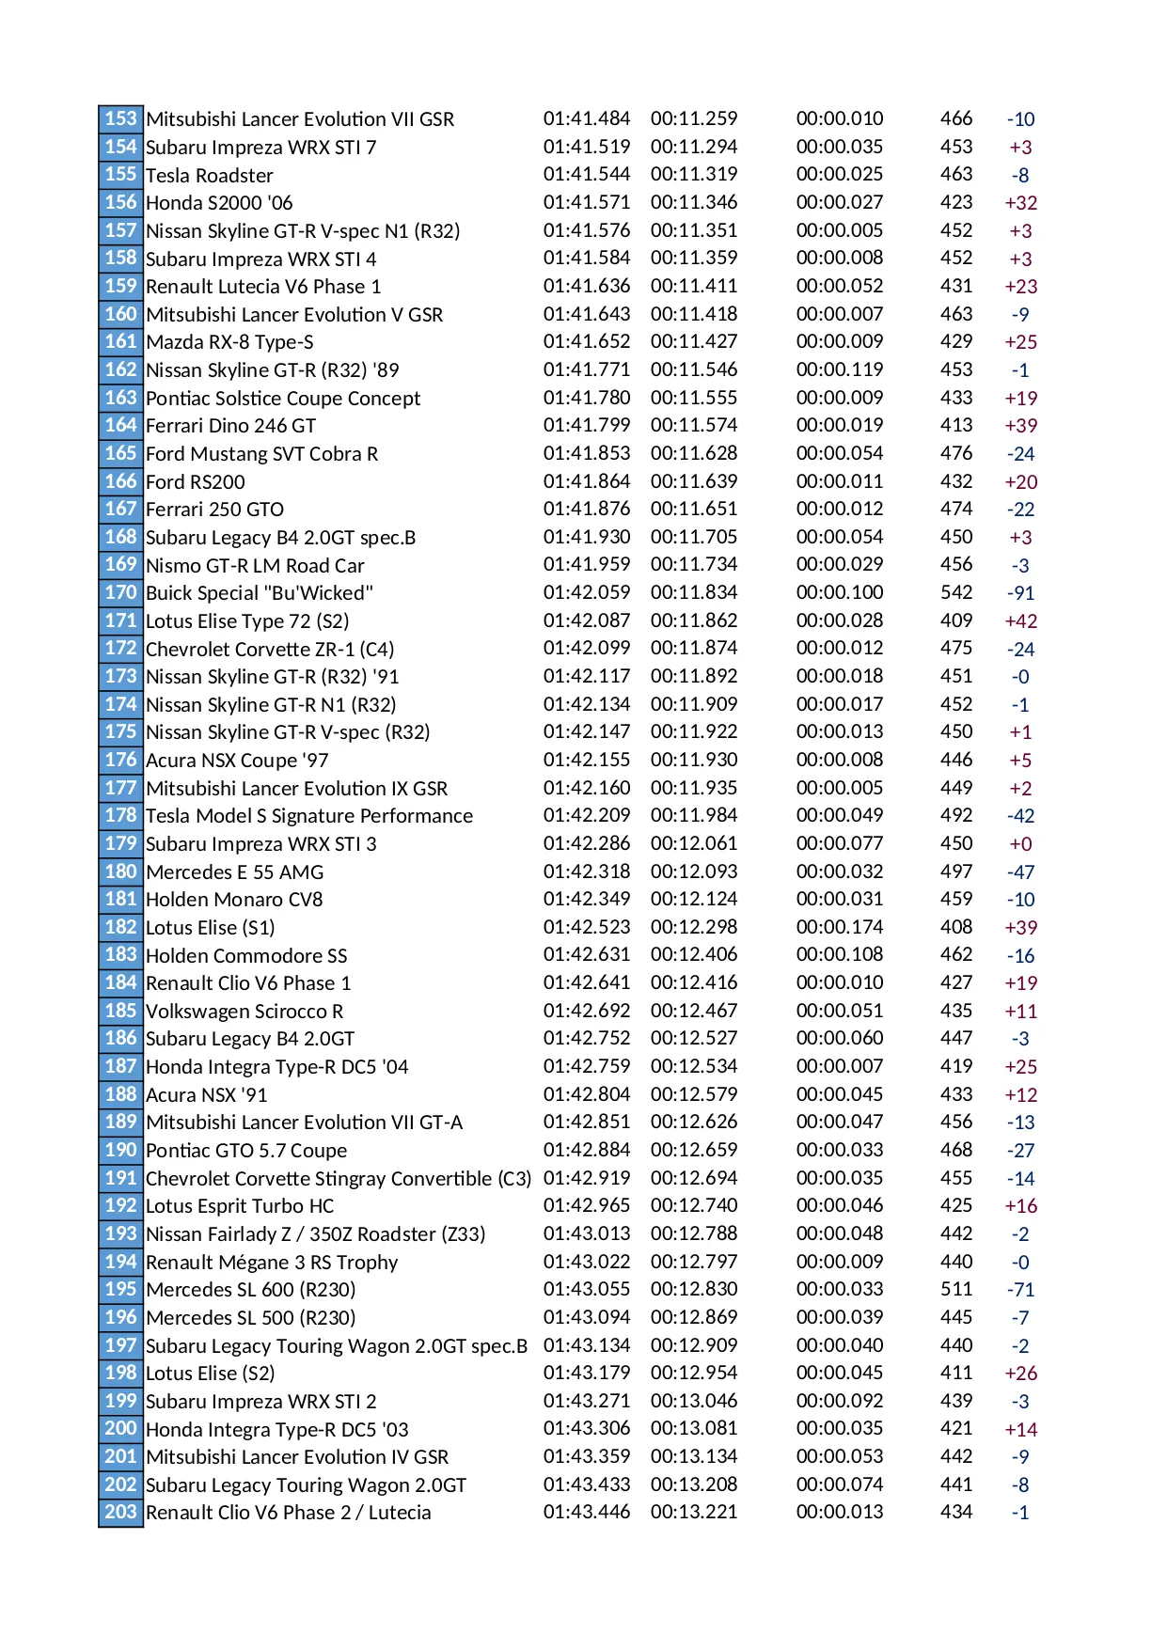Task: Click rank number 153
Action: (x=120, y=118)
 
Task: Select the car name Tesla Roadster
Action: (x=210, y=176)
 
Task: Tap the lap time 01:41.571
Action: (x=587, y=202)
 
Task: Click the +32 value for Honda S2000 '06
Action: (x=1020, y=203)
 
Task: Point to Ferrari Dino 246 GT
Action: (x=230, y=426)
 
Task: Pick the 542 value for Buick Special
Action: (x=956, y=592)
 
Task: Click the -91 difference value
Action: (x=1020, y=593)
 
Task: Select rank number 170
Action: (x=120, y=592)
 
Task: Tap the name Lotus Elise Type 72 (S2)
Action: (x=247, y=621)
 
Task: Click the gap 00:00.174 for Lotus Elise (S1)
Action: (x=840, y=927)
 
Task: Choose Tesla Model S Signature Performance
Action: (x=309, y=816)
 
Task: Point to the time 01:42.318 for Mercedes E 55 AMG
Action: (x=587, y=872)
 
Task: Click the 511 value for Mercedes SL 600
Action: (x=956, y=1289)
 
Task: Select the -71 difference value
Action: (x=1020, y=1290)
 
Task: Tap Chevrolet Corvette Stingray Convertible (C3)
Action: (x=339, y=1179)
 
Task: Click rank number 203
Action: (x=120, y=1512)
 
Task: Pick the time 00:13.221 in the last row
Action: (x=694, y=1512)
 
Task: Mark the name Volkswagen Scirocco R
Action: (x=244, y=1012)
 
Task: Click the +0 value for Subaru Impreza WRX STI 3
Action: (x=1020, y=844)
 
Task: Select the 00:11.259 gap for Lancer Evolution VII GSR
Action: (x=694, y=118)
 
